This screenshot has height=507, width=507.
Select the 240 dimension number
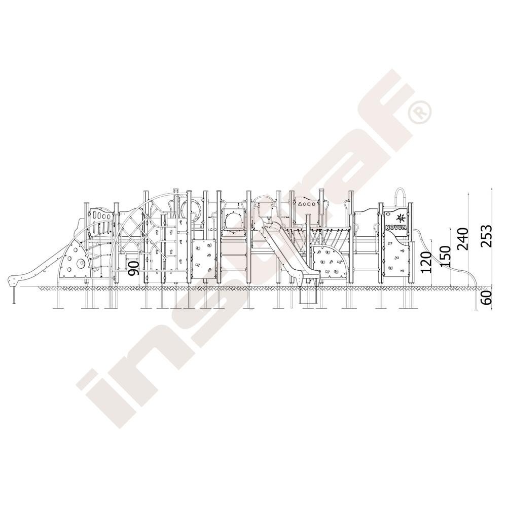pyautogui.click(x=463, y=239)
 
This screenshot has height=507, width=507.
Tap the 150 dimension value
pyautogui.click(x=446, y=256)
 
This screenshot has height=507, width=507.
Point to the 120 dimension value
pyautogui.click(x=427, y=262)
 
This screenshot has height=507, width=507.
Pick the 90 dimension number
pyautogui.click(x=134, y=268)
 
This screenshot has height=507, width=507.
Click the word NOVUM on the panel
pyautogui.click(x=395, y=227)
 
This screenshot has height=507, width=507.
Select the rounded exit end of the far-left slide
pyautogui.click(x=14, y=281)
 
